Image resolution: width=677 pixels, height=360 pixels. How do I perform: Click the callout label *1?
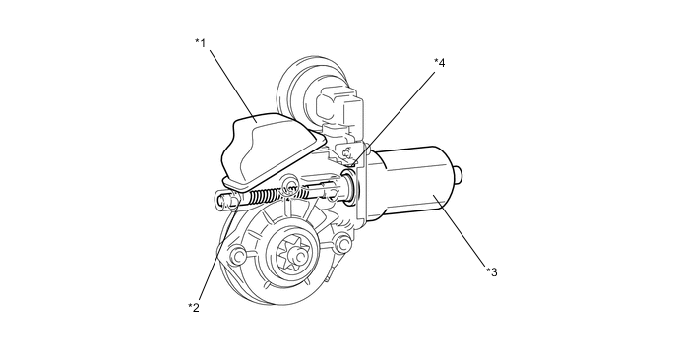click(200, 42)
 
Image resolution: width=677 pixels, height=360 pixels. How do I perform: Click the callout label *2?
click(194, 307)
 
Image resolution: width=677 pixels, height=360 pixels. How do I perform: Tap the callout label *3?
click(492, 271)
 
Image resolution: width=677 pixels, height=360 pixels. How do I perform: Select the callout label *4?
click(439, 63)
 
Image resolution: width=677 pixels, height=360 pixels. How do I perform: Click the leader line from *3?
click(461, 231)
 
